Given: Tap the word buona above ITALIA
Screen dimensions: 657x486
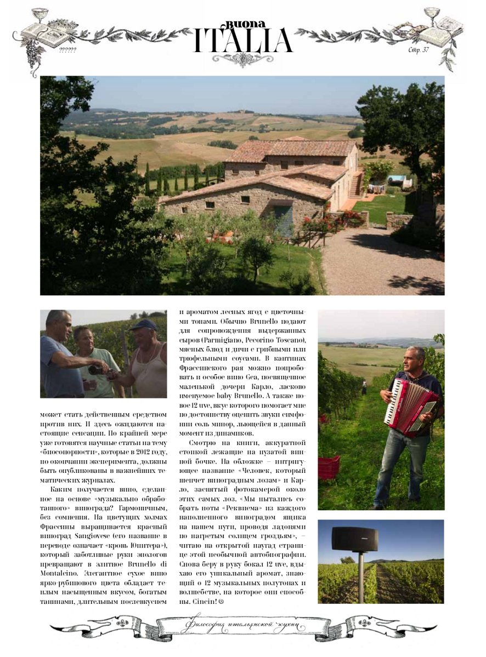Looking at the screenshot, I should pos(246,25).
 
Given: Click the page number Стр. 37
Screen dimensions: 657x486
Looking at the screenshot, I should pos(419,50).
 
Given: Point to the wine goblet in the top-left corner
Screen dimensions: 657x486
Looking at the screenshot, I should pos(39,15).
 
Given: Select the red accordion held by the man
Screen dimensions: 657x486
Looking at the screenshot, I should pos(410,406).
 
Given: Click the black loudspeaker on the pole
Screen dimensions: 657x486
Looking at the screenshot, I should pos(354,539).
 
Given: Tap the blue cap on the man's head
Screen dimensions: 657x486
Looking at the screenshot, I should pos(144,324).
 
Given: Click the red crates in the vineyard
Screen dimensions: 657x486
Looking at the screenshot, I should pos(329,467).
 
